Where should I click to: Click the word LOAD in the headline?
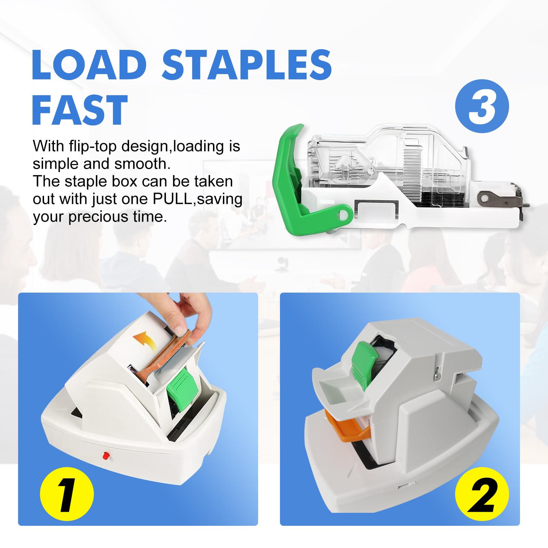[x=89, y=65]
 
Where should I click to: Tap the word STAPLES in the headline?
[x=247, y=65]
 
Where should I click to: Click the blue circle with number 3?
[x=482, y=106]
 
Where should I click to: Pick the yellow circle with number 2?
[x=482, y=494]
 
